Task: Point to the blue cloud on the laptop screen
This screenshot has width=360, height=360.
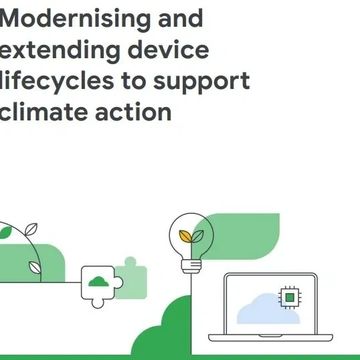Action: click(265, 305)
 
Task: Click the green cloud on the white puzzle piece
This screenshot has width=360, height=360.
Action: click(99, 281)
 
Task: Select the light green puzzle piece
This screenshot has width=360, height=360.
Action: click(128, 272)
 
